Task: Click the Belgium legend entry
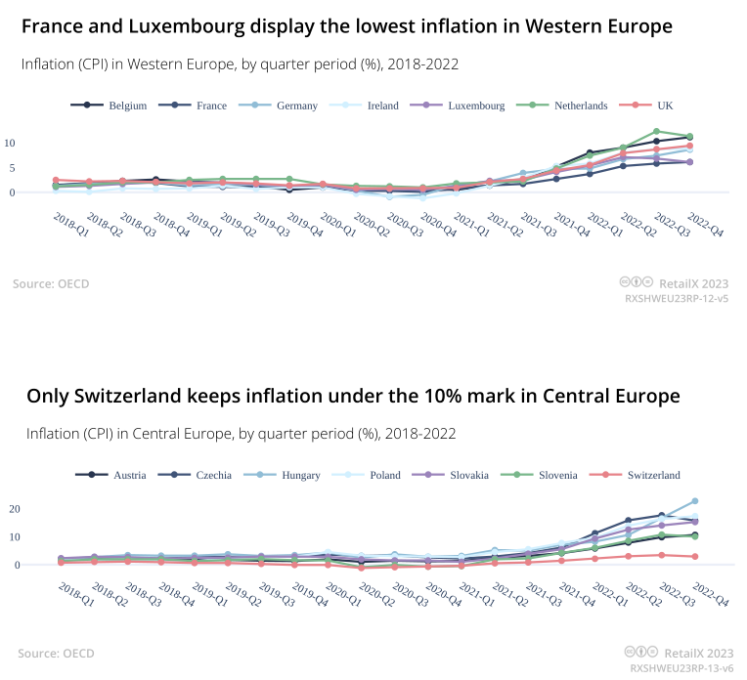coord(118,106)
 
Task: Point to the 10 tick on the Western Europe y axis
coord(11,143)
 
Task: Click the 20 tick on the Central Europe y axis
coord(15,509)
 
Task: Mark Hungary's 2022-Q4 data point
coord(695,501)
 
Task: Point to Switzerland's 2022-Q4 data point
coord(695,557)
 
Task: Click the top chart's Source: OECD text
coord(51,284)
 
